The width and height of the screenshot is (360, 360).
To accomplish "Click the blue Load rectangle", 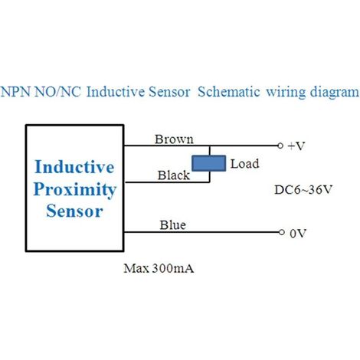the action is [x=209, y=163].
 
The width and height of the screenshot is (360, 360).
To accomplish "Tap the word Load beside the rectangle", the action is [x=244, y=164].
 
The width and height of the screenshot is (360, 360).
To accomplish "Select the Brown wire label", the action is [x=174, y=139].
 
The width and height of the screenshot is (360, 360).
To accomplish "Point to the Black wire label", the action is [x=174, y=175].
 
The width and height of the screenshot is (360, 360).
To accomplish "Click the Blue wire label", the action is [x=173, y=225].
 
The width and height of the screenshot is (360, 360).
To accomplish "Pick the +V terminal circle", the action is [x=280, y=146].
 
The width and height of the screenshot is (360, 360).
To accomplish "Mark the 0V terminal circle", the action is [x=281, y=232].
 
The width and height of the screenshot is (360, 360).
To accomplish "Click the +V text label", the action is [x=296, y=146].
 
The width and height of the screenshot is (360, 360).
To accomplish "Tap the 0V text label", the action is [x=298, y=234].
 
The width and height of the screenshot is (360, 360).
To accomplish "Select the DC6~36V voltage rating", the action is [x=303, y=190].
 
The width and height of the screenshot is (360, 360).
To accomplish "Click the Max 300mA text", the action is [x=159, y=268].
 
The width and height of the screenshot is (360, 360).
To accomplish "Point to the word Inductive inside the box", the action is [x=74, y=167].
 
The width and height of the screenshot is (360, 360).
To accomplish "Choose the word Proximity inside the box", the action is [x=75, y=190].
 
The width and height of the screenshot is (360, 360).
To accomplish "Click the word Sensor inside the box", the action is [x=74, y=211].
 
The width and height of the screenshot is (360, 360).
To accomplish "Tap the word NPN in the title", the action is [x=16, y=91].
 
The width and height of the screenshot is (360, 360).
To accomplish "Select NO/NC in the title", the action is [x=57, y=91].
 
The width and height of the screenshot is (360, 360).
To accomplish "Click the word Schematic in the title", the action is [x=229, y=91].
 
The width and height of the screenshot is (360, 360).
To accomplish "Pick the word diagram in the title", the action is [x=335, y=93].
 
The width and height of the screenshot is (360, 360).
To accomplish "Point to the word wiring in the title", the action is [x=286, y=93].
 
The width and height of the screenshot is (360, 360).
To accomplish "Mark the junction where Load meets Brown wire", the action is [x=210, y=146].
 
